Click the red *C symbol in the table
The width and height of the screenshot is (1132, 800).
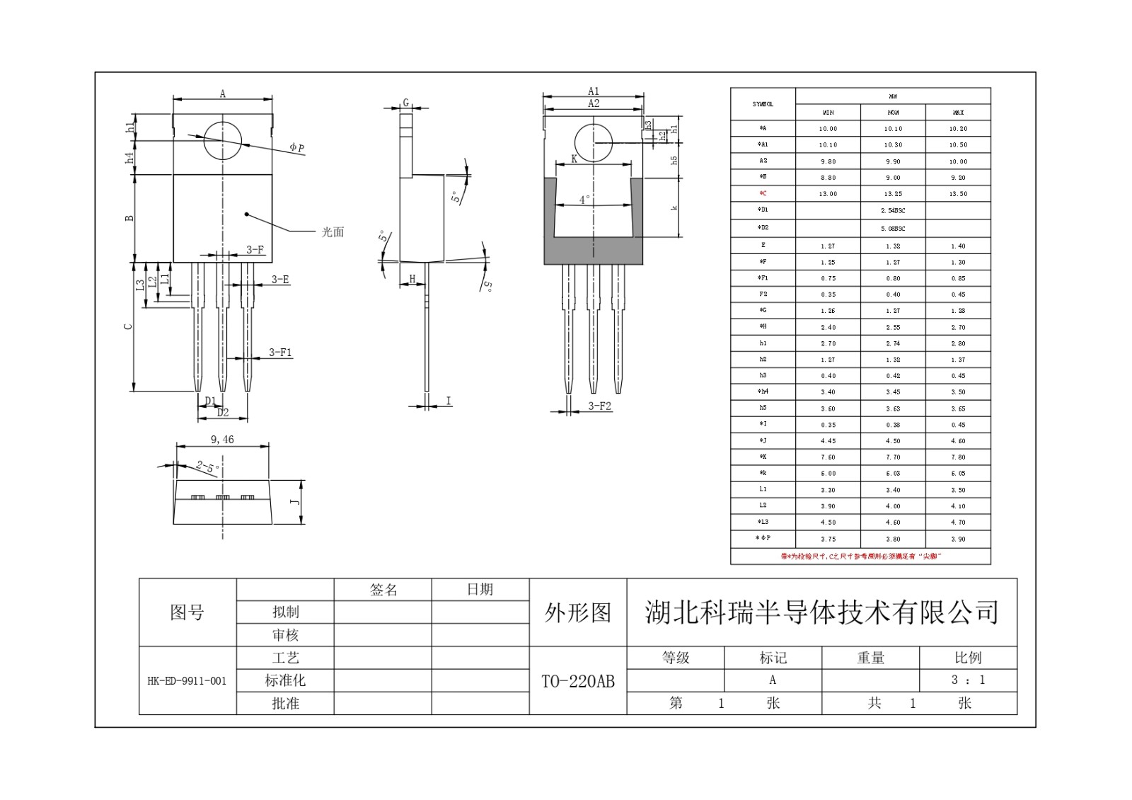pos(763,193)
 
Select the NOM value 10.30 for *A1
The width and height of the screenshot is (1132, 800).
pos(893,144)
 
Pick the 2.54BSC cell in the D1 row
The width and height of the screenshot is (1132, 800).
pos(893,210)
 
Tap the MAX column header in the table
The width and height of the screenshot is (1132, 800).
pos(958,112)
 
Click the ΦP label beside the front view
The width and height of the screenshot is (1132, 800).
pos(297,148)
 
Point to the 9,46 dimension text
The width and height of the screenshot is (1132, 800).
pos(222,440)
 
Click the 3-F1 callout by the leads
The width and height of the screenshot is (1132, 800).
pos(280,352)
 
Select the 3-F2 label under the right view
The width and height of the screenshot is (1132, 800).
pos(599,406)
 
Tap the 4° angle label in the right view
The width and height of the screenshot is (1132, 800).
pos(584,200)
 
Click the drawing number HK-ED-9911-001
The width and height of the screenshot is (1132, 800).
pos(187,681)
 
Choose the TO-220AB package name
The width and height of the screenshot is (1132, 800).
pos(578,681)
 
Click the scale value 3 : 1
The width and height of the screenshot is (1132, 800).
pos(968,680)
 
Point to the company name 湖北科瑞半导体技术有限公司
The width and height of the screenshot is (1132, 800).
pos(821,612)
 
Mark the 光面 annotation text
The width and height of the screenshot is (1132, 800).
pos(333,232)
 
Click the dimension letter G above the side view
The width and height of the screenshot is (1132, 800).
pos(406,103)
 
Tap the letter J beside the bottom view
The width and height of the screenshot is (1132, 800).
pos(296,502)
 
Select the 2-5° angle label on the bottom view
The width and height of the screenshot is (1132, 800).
pos(207,467)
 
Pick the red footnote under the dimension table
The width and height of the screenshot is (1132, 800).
pos(860,556)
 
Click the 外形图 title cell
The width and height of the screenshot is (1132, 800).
pos(578,612)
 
